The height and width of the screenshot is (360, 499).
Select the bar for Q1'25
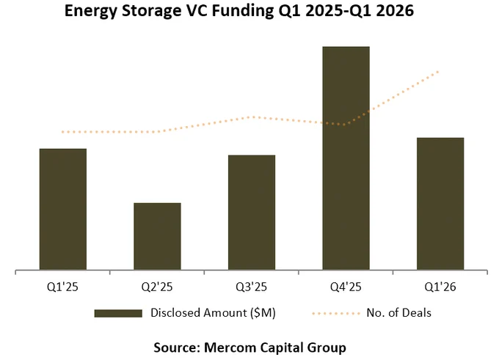click(x=63, y=209)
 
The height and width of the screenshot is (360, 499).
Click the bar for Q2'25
click(x=157, y=236)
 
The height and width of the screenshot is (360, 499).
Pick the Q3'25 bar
click(x=252, y=213)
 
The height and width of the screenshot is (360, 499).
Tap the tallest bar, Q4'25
click(x=346, y=158)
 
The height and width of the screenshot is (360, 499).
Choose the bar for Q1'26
click(x=440, y=204)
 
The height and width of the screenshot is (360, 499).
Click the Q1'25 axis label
click(x=62, y=287)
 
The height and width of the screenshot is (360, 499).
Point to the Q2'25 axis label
click(x=157, y=287)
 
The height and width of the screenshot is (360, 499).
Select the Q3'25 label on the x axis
click(x=252, y=287)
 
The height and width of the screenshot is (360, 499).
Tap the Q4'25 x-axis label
click(x=346, y=287)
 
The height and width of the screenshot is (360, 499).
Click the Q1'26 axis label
click(x=440, y=287)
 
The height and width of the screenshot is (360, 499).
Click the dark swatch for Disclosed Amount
click(x=118, y=313)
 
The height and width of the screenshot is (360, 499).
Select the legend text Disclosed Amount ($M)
click(x=213, y=313)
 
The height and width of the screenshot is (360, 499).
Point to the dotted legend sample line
click(x=336, y=314)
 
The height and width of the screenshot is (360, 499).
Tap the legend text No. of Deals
click(x=398, y=313)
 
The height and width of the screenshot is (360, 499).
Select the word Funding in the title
click(x=242, y=11)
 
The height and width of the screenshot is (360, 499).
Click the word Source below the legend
click(x=177, y=348)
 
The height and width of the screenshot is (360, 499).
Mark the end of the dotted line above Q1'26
click(x=439, y=72)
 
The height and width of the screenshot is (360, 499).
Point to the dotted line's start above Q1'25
click(x=62, y=132)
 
